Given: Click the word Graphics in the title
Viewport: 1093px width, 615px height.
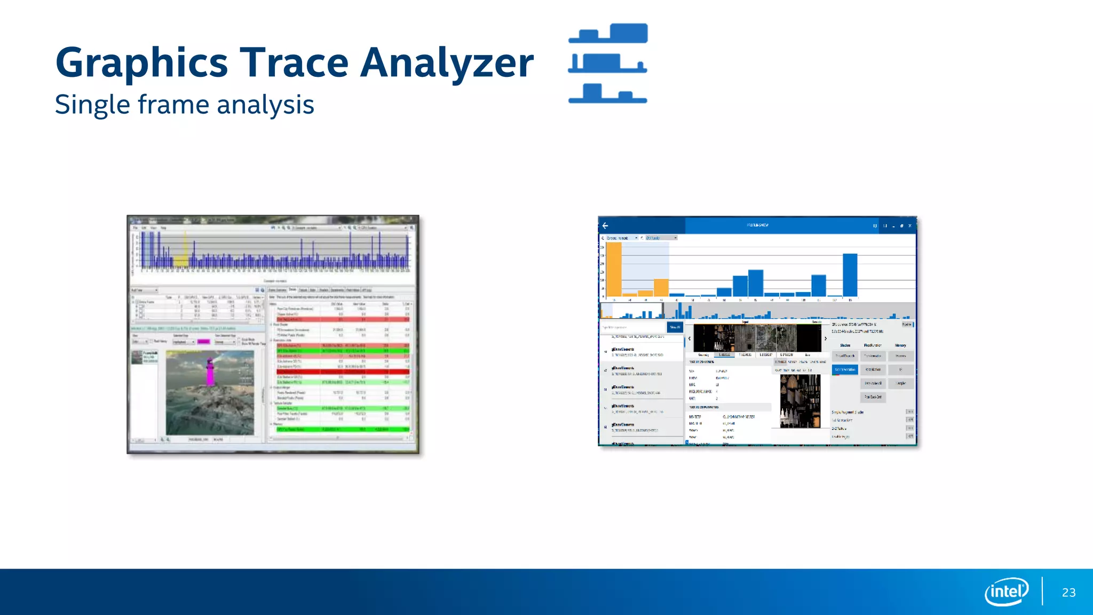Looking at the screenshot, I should pyautogui.click(x=142, y=63).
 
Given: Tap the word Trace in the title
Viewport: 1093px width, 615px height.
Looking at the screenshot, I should pyautogui.click(x=294, y=63).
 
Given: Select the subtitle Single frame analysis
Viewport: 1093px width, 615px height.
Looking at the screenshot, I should pyautogui.click(x=184, y=105).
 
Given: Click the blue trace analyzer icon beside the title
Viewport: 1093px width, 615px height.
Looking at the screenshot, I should pyautogui.click(x=608, y=63).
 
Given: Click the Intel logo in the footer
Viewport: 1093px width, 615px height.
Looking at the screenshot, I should pyautogui.click(x=1006, y=592).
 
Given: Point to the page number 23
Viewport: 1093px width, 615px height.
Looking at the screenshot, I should pyautogui.click(x=1068, y=593).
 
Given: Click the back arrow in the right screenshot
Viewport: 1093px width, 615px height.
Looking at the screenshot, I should pyautogui.click(x=605, y=226).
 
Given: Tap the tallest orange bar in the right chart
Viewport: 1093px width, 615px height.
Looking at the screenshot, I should pyautogui.click(x=614, y=269).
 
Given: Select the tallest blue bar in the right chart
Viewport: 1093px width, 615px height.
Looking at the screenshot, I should pyautogui.click(x=850, y=275).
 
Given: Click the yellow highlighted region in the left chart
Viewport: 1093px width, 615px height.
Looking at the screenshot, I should pyautogui.click(x=181, y=261).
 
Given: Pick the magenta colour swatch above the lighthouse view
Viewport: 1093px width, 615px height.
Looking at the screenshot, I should pyautogui.click(x=203, y=342).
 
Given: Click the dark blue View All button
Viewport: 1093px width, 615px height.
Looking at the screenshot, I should pyautogui.click(x=675, y=327).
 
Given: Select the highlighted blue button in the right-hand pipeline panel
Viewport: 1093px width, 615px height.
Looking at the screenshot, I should pyautogui.click(x=845, y=369).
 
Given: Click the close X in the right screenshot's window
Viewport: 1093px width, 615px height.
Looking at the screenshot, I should pyautogui.click(x=910, y=226).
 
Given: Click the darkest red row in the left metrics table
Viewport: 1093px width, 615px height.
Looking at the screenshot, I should pyautogui.click(x=343, y=372).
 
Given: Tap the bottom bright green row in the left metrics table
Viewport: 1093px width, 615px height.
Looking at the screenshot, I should pyautogui.click(x=343, y=429).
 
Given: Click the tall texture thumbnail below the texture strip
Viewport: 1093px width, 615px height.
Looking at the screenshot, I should pyautogui.click(x=800, y=401).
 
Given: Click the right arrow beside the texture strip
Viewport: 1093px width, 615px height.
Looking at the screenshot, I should pyautogui.click(x=826, y=338).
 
